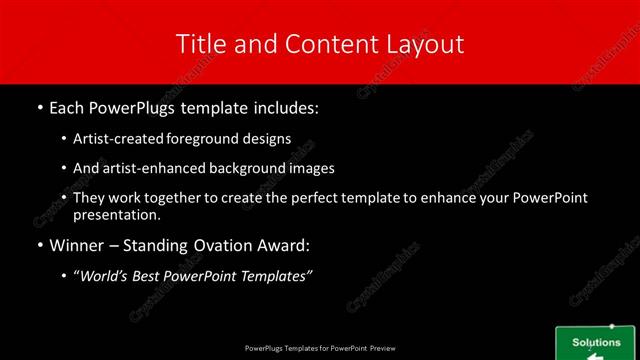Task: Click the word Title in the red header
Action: [198, 44]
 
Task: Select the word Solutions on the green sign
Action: [596, 342]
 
